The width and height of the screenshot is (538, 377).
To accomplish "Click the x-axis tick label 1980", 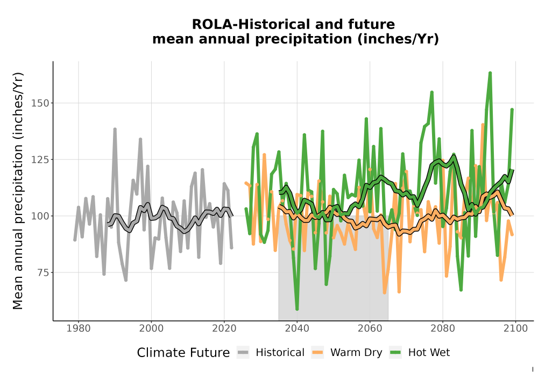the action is pos(78,329).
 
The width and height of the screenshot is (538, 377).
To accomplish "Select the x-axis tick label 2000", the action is pos(151,329).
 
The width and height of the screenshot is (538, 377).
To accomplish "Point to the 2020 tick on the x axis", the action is pos(224,329).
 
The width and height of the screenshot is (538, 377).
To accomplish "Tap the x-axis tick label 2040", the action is pos(297,329).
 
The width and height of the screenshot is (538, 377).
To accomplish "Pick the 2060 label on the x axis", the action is pos(370,329).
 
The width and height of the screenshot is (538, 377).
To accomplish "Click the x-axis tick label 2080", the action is pos(443,329).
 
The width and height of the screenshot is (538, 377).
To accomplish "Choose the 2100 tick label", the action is pos(516,329).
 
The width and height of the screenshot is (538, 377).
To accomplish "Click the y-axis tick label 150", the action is pos(40,103).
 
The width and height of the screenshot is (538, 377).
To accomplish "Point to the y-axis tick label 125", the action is pos(40,159).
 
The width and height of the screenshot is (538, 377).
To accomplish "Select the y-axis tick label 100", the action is pos(40,216).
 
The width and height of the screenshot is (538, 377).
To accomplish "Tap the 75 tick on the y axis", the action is pos(43,273).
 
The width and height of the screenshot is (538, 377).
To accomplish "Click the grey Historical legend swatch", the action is pos(243,353).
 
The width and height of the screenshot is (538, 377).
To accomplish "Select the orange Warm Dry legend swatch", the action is pos(318,353).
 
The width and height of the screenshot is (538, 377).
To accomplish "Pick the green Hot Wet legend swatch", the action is pos(395,353).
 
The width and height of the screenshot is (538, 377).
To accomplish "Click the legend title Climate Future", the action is pos(183,353).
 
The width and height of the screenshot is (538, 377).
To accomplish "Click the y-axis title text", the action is pos(18,191).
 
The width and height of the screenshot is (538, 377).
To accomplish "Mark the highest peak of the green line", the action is pos(490,73).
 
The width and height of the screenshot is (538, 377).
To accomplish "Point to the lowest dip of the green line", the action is pos(297,309).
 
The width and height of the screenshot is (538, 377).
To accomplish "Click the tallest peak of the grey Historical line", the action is pos(115,129).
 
